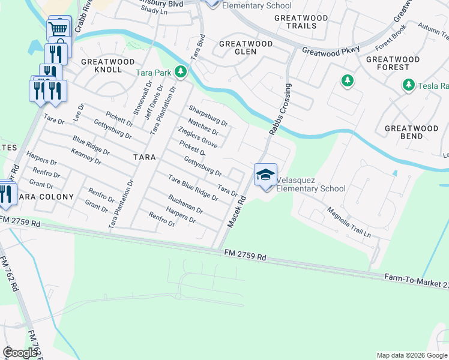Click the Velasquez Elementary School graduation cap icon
tap(265, 175)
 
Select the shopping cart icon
tap(59, 28)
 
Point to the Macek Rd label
tap(237, 213)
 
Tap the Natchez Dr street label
tap(201, 127)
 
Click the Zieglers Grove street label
tap(197, 137)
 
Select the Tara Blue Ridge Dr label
tap(193, 187)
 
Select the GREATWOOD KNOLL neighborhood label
tap(101, 65)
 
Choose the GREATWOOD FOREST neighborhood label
tap(393, 63)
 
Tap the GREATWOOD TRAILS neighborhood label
tap(301, 22)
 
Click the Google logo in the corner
tap(20, 353)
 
